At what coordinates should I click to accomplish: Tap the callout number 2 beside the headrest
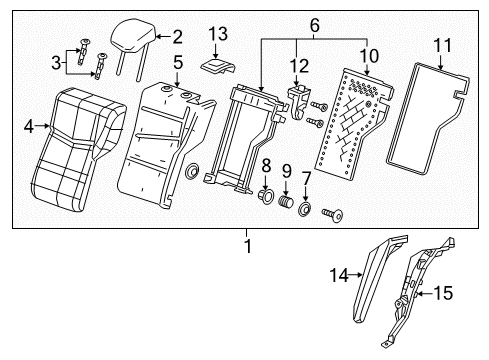tap(177, 38)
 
